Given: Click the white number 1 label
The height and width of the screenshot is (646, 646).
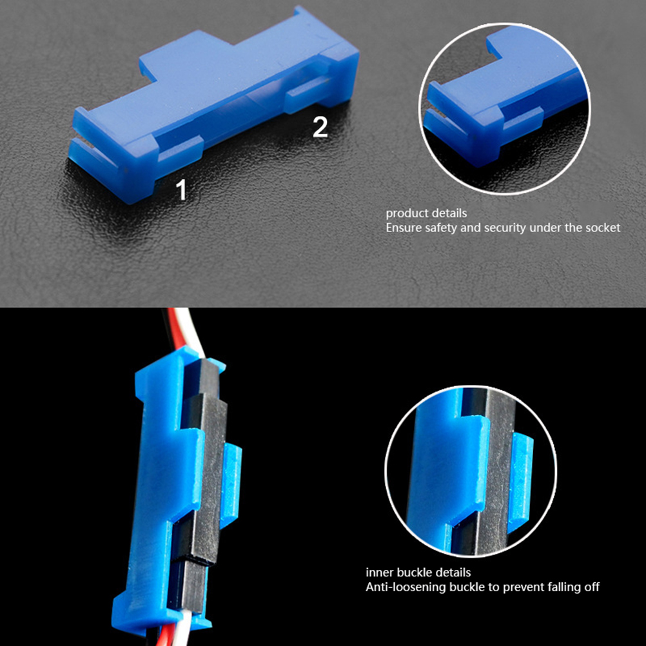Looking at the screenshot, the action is click(181, 190).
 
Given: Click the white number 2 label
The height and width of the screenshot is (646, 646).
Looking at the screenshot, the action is click(320, 127).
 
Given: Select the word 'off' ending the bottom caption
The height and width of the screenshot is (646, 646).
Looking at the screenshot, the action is click(592, 587).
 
